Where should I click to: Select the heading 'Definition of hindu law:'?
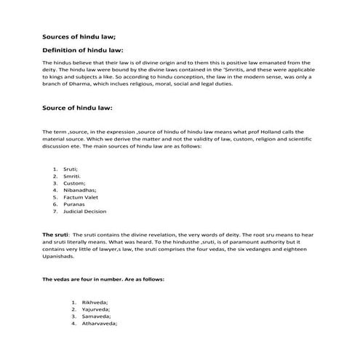(x=82, y=50)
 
